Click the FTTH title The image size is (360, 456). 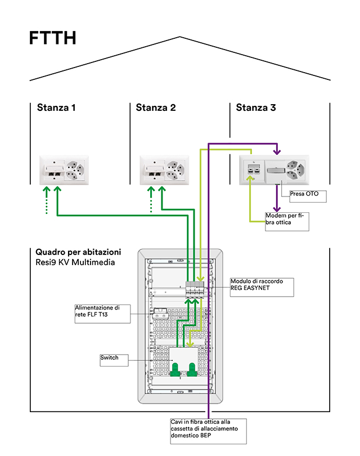53,39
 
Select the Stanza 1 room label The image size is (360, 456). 56,108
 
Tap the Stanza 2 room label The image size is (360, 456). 156,108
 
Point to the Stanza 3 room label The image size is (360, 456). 256,108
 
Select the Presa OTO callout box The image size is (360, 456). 308,196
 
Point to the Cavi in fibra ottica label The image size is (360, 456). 208,432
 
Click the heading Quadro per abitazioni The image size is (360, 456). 78,252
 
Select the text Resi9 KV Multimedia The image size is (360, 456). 75,262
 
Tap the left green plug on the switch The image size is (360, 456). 175,369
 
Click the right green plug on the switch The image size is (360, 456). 192,369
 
